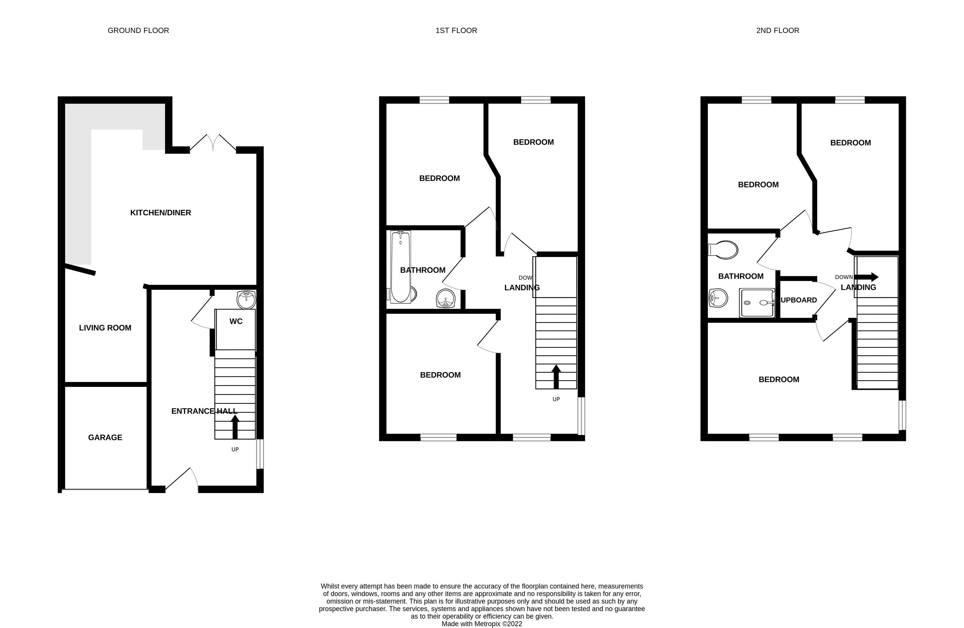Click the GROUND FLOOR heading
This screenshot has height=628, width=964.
(x=138, y=31)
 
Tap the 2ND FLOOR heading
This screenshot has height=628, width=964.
(x=778, y=31)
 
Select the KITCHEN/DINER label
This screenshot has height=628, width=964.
(x=161, y=213)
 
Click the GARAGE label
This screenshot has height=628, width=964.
(x=105, y=437)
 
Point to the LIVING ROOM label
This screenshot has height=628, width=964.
(x=105, y=328)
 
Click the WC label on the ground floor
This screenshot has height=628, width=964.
(x=236, y=321)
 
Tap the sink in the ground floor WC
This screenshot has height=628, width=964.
(x=246, y=299)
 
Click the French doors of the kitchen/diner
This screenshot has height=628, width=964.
(x=213, y=143)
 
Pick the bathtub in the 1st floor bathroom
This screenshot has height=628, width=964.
(x=400, y=267)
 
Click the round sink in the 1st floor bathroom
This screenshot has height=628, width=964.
(x=446, y=299)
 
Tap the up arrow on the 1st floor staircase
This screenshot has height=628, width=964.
(x=556, y=376)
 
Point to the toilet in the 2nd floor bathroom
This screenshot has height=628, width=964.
(x=723, y=250)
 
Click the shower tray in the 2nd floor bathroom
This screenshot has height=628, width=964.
(x=757, y=303)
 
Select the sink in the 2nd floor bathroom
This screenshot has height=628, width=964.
(x=718, y=298)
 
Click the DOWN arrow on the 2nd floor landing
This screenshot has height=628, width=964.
(x=867, y=277)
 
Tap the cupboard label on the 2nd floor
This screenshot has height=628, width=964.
(x=799, y=300)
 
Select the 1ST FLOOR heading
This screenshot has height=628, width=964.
(x=456, y=31)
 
